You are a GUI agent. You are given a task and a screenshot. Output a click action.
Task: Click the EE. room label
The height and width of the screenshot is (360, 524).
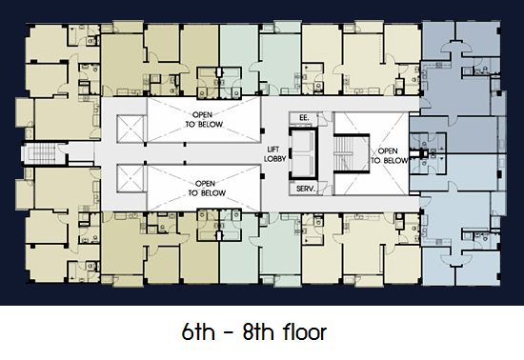tap(304, 118)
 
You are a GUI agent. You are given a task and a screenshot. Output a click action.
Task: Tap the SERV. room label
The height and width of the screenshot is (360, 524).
tap(306, 189)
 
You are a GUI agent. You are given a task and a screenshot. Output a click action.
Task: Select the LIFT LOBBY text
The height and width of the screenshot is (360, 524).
tap(275, 154)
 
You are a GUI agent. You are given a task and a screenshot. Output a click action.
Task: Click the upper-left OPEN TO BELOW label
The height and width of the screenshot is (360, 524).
tap(204, 120)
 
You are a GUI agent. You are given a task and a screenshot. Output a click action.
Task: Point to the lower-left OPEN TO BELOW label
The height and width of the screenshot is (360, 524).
tap(207, 189)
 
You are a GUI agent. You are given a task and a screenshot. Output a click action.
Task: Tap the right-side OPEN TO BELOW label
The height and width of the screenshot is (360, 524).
tap(389, 156)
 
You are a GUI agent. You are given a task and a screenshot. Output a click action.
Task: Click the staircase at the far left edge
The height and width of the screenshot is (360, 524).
tap(42, 153)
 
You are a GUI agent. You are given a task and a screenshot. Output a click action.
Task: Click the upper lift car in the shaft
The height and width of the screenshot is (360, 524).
tap(303, 143)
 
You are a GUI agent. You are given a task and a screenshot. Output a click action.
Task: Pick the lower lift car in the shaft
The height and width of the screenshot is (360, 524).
tap(303, 166)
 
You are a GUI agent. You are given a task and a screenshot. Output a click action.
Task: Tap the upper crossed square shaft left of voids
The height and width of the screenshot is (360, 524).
tap(131, 129)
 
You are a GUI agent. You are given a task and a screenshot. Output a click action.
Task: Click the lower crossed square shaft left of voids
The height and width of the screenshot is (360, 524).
tap(131, 178)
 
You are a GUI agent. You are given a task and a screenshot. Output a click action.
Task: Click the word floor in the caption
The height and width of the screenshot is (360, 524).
tap(305, 331)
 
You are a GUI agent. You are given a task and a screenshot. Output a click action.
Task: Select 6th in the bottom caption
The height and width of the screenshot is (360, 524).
tap(198, 331)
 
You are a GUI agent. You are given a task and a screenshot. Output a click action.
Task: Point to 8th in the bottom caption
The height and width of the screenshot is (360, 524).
tap(259, 331)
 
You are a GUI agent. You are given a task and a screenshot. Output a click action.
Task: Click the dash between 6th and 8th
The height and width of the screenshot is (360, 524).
tap(229, 333)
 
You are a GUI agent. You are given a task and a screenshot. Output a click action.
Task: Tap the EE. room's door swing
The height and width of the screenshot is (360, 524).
tap(321, 119)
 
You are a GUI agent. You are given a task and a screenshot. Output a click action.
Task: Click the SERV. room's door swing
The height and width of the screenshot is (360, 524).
tap(321, 189)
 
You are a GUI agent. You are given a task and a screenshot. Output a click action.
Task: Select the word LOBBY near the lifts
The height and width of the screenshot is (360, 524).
tap(275, 159)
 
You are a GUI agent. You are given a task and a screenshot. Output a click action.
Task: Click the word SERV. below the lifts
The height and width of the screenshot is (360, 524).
tap(306, 189)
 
